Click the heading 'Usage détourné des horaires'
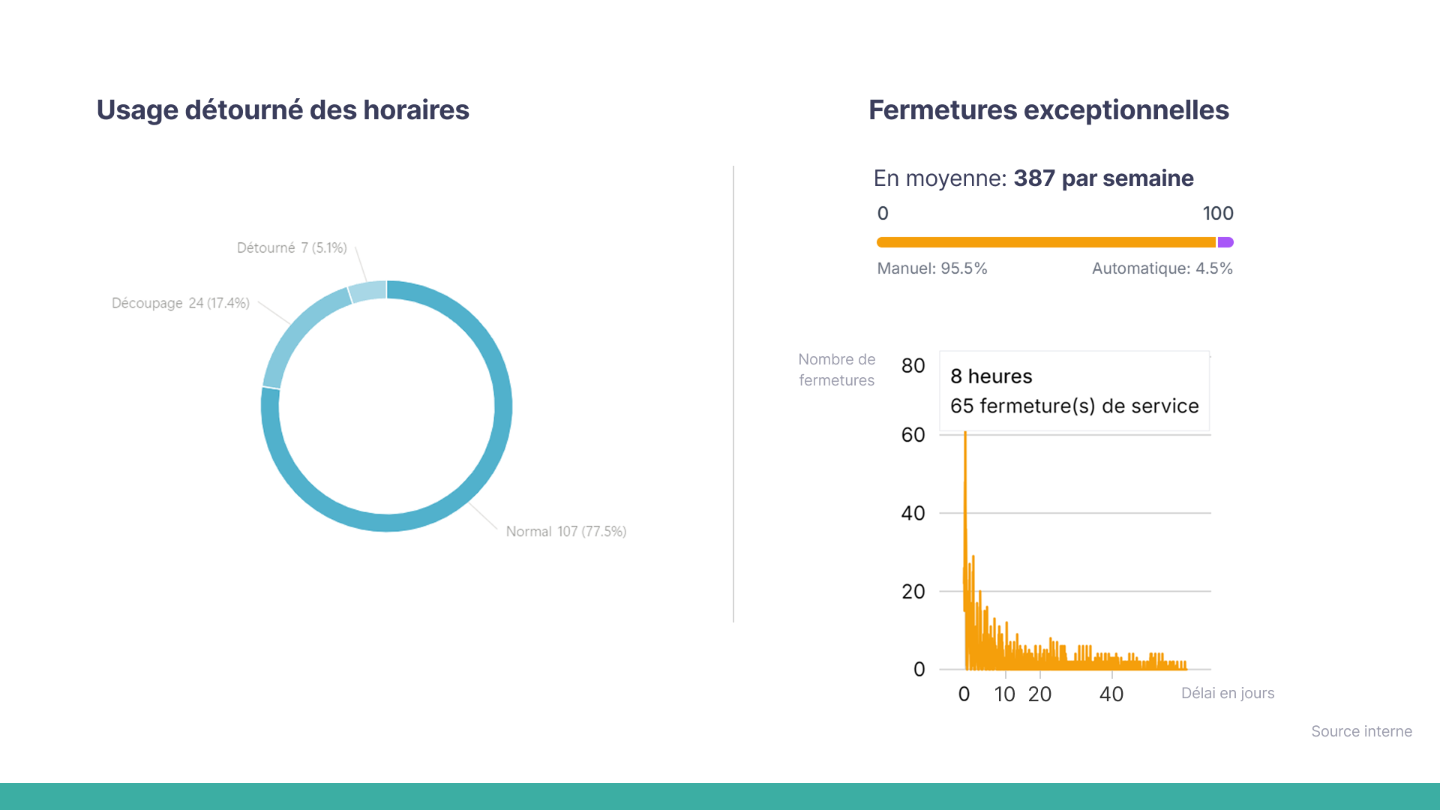283,110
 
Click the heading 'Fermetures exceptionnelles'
1048,110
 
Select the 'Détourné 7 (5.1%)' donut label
292,248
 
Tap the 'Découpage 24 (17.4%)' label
180,303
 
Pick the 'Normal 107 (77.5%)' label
565,532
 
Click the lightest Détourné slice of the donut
368,291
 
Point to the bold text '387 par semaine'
1103,178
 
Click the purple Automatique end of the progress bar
1225,242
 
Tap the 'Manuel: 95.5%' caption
932,268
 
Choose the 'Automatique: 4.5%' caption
1162,268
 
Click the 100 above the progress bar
1218,214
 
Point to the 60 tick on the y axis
913,435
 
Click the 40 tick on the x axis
1111,694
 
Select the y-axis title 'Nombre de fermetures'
836,370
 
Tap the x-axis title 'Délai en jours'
1228,694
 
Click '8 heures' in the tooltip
991,376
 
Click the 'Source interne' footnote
1361,732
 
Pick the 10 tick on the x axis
1004,694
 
